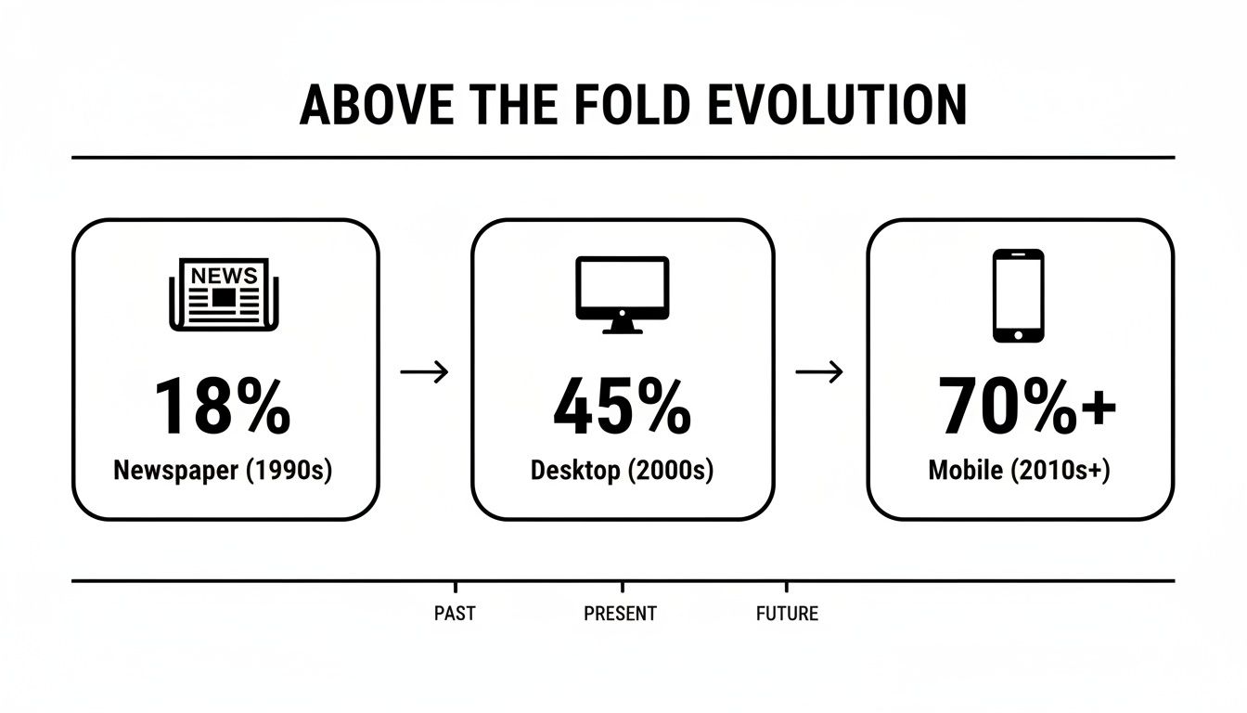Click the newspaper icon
click(x=223, y=293)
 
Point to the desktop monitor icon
click(x=622, y=293)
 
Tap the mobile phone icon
click(x=1018, y=295)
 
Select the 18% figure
click(x=222, y=408)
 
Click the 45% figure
click(x=622, y=408)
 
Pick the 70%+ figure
click(x=1026, y=408)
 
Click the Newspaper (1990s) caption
click(x=223, y=471)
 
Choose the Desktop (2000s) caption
click(x=622, y=471)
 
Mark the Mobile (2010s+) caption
click(x=1019, y=471)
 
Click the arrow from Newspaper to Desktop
click(x=424, y=372)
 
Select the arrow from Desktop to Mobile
click(x=820, y=372)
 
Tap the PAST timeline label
click(x=455, y=614)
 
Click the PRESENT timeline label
click(x=620, y=614)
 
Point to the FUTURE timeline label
click(x=787, y=614)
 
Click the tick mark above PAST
click(x=455, y=587)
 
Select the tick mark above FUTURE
click(x=787, y=587)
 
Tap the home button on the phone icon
click(x=1018, y=333)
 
